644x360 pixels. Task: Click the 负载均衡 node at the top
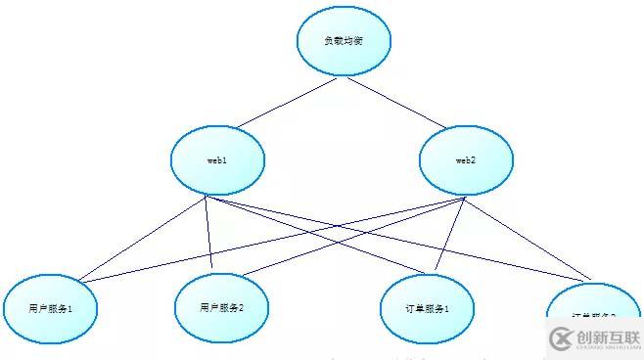345,42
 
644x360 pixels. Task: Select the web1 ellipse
217,160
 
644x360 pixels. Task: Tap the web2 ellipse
465,160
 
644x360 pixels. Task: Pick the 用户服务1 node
51,309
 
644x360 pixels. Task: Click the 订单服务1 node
427,309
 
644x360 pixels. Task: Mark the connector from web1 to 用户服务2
209,235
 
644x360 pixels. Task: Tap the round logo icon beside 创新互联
561,338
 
